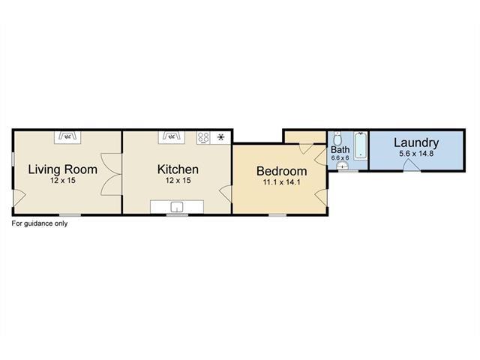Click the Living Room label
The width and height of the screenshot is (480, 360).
63,169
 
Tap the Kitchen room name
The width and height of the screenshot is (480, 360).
178,169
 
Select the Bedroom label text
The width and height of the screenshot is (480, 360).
282,171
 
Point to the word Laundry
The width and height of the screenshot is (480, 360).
416,143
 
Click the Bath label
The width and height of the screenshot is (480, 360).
340,150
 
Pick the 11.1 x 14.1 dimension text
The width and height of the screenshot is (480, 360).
282,182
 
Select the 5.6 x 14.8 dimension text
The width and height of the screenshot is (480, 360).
416,154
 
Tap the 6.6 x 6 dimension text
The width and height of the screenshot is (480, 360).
340,158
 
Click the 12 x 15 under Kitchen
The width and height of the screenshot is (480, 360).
178,181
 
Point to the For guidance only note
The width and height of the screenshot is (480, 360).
40,223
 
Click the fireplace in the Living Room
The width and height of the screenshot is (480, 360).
67,137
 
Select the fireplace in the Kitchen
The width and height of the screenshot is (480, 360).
172,137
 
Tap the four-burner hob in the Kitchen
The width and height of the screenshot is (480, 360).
203,137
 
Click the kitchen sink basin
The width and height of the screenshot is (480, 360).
177,207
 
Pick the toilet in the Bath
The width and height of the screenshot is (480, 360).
337,139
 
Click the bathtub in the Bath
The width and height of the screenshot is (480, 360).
361,145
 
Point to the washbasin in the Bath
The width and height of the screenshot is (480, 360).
342,166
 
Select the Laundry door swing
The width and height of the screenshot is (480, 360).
412,165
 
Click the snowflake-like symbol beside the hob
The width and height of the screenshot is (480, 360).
220,137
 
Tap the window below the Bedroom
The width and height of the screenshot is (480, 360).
277,215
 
